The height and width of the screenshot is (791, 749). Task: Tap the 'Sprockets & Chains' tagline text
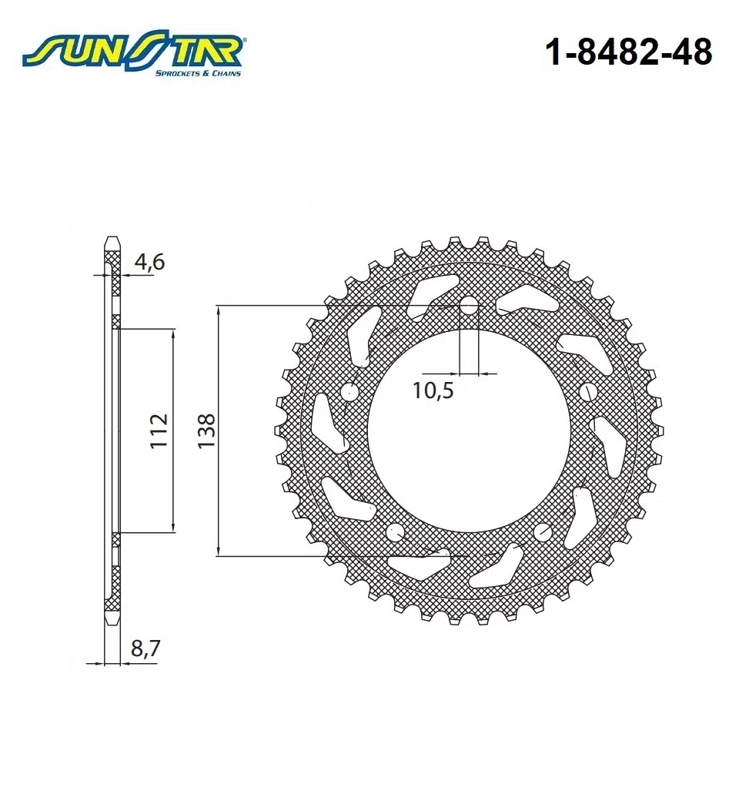point(198,73)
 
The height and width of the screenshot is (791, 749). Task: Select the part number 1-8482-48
point(628,52)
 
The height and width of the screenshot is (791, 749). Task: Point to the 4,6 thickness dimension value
point(149,262)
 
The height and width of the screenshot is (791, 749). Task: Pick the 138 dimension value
point(206,431)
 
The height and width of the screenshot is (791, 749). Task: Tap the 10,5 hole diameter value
point(433,390)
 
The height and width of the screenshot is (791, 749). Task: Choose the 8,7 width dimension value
point(145,649)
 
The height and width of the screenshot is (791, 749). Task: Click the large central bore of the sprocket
point(469,431)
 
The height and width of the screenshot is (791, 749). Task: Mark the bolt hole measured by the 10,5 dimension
point(469,303)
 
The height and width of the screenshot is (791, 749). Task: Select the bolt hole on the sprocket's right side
point(587,390)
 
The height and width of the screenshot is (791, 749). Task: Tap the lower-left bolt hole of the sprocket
point(396,531)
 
